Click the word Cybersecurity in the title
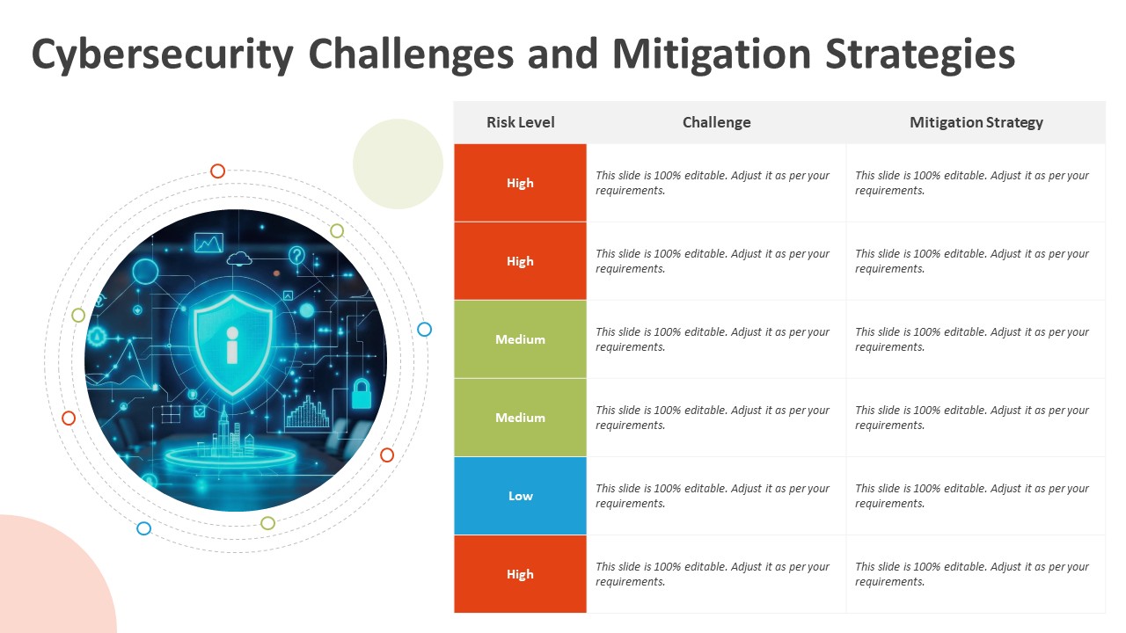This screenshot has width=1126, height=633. pos(163,55)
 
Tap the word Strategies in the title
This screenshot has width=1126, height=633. pos(920,55)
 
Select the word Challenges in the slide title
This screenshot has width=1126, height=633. pos(411,55)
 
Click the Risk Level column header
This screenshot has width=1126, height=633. pos(520,122)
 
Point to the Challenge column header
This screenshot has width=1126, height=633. pos(716,122)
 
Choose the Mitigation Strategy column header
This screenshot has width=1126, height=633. pos(976,122)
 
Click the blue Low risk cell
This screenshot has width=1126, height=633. pos(520,496)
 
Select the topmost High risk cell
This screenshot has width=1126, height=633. pos(520,183)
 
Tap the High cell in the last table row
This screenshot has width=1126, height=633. pos(520,574)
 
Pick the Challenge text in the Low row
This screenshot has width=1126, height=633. pos(713,496)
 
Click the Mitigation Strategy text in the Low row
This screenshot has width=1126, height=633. pos(972,496)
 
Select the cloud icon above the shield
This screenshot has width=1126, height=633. pos(239,258)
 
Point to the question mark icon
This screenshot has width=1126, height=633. pos(296,256)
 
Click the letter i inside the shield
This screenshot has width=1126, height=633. pos(232,345)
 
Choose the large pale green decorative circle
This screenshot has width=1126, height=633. pos(398,164)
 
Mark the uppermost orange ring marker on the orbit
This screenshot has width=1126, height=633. pos(217,171)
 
